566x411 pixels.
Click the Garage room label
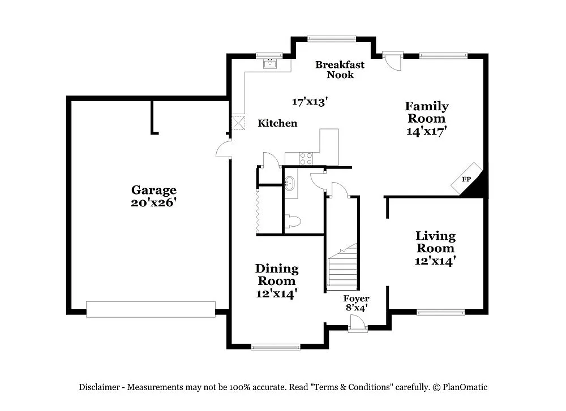[x=154, y=191]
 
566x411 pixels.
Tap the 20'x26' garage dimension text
[x=154, y=202]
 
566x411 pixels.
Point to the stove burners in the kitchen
[x=306, y=158]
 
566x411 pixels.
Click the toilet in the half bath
[x=293, y=222]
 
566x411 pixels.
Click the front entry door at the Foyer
[x=358, y=324]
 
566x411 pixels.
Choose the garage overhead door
[x=151, y=309]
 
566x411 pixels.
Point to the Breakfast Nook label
[x=340, y=70]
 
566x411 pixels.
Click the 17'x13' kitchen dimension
[x=310, y=102]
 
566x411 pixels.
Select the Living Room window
[x=440, y=312]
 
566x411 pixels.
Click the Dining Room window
[x=276, y=347]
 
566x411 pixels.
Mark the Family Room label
[x=427, y=113]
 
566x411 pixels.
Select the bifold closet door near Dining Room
[x=258, y=210]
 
